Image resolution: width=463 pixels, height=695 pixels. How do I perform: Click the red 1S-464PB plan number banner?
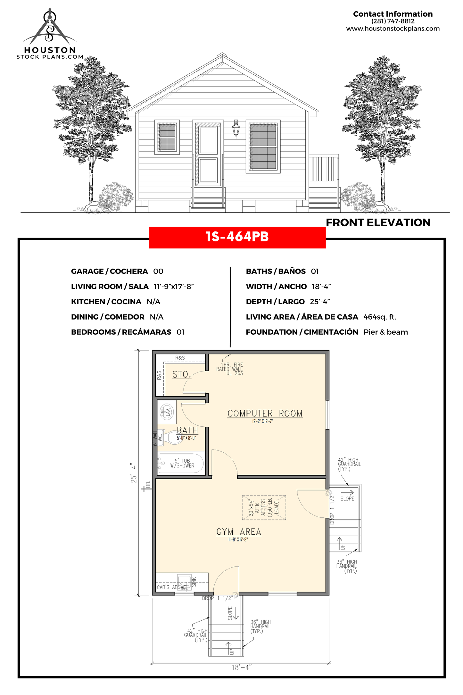pos(237,237)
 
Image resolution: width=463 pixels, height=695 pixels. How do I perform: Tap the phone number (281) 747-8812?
pos(393,21)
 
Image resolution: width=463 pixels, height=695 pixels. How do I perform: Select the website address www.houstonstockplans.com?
pos(393,29)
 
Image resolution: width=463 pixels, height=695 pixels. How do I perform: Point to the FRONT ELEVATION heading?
pos(378,222)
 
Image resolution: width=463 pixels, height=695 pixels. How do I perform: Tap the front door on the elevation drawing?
pos(208,154)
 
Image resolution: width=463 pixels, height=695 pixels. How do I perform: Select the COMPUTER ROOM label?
pos(265,413)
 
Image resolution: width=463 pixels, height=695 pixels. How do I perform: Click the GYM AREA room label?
pos(239,532)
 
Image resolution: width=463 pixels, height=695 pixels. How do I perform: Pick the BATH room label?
pos(187,430)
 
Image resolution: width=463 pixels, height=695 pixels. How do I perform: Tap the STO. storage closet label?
pos(182,374)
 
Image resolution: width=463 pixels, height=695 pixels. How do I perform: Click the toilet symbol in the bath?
pos(170,437)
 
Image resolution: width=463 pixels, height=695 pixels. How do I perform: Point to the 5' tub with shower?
pos(181,463)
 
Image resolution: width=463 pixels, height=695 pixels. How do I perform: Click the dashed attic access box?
pos(264,507)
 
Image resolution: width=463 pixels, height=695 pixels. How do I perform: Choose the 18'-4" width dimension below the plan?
pos(242,667)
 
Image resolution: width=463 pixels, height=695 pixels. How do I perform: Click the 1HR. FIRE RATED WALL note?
pos(230,369)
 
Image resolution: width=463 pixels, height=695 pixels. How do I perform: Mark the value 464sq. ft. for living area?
pos(380,317)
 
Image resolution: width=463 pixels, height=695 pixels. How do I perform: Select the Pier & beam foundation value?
pos(386,332)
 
